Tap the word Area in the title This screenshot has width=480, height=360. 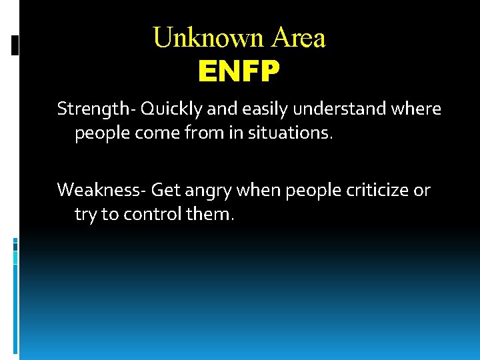[298, 38]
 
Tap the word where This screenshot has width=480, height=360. [417, 109]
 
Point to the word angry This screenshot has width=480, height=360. [202, 191]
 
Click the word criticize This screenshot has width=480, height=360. [377, 191]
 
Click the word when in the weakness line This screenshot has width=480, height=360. [257, 191]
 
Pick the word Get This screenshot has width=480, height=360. [163, 191]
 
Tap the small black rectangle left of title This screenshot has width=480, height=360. [15, 45]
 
